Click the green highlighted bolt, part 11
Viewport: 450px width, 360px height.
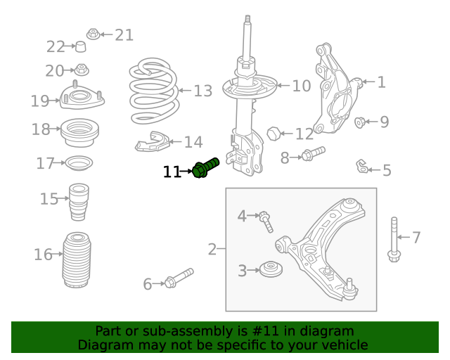point(205,168)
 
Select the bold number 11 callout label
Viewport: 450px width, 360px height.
point(172,171)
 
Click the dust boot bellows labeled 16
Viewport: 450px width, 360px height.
point(77,260)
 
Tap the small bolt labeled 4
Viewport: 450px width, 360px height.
point(266,221)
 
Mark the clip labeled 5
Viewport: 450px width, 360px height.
point(361,167)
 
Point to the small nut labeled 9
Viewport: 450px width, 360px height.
point(360,123)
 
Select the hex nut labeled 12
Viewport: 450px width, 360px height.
point(275,132)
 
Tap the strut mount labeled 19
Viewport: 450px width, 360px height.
point(82,99)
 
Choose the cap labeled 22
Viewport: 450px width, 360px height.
point(80,47)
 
